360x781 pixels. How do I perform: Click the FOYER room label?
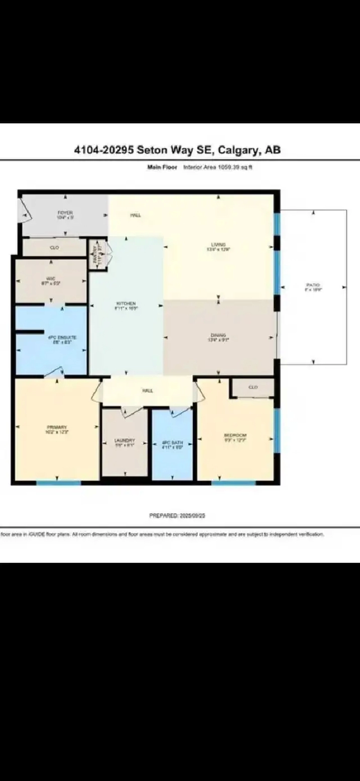pyautogui.click(x=65, y=213)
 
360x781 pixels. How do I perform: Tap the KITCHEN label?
pyautogui.click(x=126, y=304)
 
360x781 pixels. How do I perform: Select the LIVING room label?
pyautogui.click(x=217, y=245)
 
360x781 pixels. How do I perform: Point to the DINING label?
pyautogui.click(x=218, y=335)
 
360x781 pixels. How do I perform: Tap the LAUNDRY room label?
pyautogui.click(x=125, y=441)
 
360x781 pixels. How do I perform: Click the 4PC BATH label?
pyautogui.click(x=172, y=443)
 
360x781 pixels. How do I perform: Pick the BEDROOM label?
pyautogui.click(x=235, y=435)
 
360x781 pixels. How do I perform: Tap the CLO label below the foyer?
pyautogui.click(x=55, y=247)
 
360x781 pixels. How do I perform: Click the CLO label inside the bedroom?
pyautogui.click(x=253, y=387)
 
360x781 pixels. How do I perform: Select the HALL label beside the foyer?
pyautogui.click(x=136, y=215)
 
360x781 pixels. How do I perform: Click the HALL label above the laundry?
pyautogui.click(x=148, y=390)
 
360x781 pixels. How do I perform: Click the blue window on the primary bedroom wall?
pyautogui.click(x=58, y=483)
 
